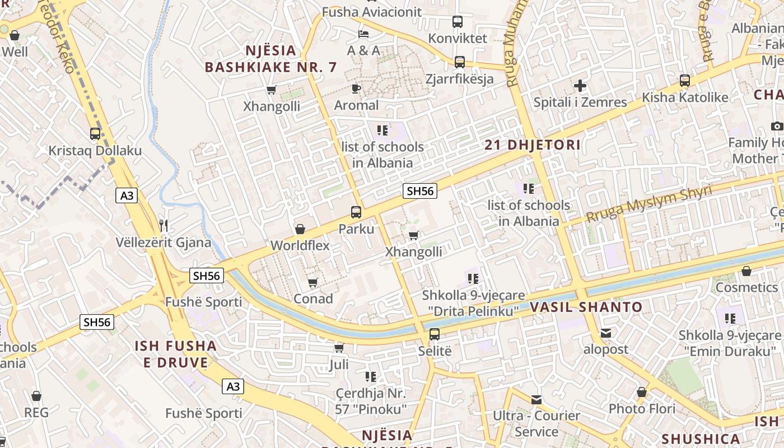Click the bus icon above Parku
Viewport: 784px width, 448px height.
[x=356, y=212]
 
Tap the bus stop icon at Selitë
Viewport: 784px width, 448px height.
[x=435, y=334]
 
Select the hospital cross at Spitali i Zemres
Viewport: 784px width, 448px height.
[x=580, y=86]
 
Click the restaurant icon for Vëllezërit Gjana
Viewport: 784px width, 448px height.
[x=164, y=226]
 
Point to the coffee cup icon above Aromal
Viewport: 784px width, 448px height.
[x=356, y=88]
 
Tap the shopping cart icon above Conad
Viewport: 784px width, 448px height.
[x=313, y=282]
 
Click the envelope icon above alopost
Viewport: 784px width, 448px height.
[x=606, y=333]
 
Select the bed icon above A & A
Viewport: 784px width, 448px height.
[x=363, y=34]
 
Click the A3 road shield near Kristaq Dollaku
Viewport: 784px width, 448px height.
[x=127, y=195]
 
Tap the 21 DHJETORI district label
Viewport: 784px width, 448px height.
[x=533, y=145]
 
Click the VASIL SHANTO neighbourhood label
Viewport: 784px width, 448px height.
[x=586, y=307]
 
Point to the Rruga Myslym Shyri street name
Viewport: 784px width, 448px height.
[x=648, y=204]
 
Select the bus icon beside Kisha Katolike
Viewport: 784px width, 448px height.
[x=685, y=80]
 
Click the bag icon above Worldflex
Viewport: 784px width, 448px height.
[x=300, y=229]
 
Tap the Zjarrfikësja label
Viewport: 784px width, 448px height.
[x=459, y=78]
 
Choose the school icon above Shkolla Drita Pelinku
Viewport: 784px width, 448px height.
[x=473, y=278]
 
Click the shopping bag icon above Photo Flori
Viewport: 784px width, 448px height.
[x=642, y=392]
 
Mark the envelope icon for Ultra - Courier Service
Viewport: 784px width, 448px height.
[x=536, y=399]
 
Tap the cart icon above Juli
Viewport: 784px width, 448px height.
[x=339, y=348]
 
